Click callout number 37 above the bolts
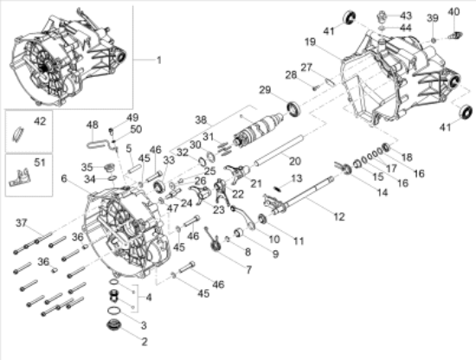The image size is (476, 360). point(21,223)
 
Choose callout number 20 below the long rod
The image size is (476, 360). point(294,161)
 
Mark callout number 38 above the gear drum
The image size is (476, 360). point(201,119)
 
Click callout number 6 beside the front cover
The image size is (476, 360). point(64,179)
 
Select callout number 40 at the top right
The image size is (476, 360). point(454,11)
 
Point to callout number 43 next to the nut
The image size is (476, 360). point(406,16)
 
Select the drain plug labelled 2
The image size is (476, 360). point(110,326)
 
